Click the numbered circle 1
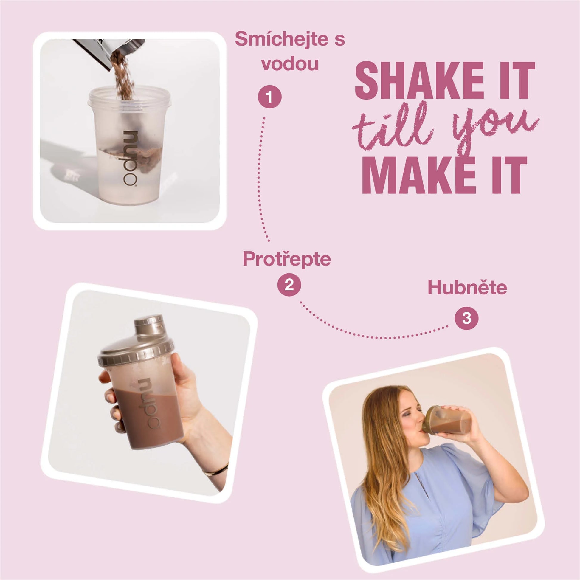pyautogui.click(x=270, y=97)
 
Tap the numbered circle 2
pyautogui.click(x=289, y=284)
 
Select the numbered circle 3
pyautogui.click(x=466, y=318)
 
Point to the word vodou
pyautogui.click(x=290, y=64)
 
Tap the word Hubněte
pyautogui.click(x=467, y=287)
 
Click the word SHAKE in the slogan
pyautogui.click(x=419, y=81)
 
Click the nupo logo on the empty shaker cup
pyautogui.click(x=130, y=159)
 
